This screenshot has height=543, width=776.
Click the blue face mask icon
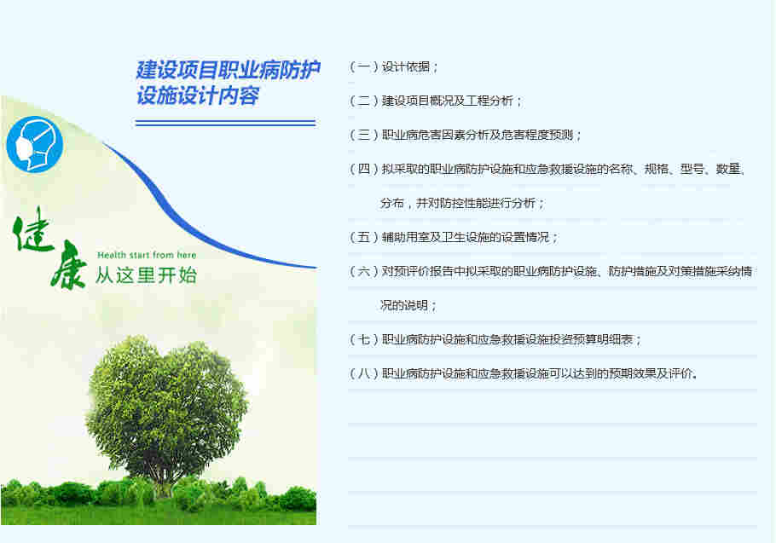[x=35, y=143]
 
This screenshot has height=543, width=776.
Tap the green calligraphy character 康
[x=67, y=266]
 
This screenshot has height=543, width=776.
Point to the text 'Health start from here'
[x=147, y=255]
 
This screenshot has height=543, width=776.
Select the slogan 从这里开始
[x=146, y=275]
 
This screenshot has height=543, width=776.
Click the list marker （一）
[x=364, y=66]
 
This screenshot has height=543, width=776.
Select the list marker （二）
[x=364, y=101]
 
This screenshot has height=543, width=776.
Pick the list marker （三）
[x=364, y=135]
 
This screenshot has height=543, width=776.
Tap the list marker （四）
[x=364, y=169]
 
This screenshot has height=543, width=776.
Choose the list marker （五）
[x=364, y=237]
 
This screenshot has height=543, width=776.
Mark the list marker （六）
[x=364, y=271]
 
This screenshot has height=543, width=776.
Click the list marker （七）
[x=364, y=339]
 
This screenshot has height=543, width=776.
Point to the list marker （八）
[x=364, y=373]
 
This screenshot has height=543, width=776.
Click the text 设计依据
[x=408, y=66]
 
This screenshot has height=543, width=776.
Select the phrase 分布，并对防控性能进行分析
[x=462, y=203]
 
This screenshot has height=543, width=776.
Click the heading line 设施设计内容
[x=198, y=96]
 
